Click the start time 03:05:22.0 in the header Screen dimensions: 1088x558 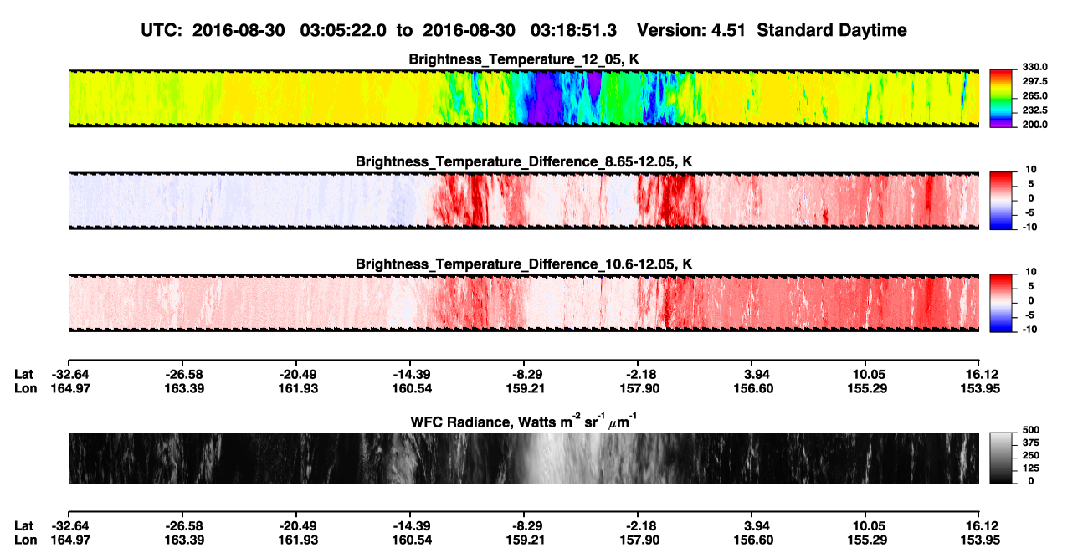tap(343, 31)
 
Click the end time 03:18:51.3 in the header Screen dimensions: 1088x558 tap(573, 31)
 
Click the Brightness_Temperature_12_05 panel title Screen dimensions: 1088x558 tap(524, 59)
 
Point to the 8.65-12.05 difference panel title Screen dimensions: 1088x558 tap(524, 161)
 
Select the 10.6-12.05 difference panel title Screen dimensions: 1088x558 tap(524, 264)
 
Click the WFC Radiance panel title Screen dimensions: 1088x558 tap(524, 422)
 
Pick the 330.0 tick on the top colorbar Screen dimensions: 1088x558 tap(1034, 67)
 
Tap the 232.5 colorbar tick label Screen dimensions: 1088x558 tap(1034, 110)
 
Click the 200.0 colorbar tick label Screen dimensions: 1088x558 tap(1034, 125)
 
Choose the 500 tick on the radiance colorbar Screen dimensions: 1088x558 tap(1031, 430)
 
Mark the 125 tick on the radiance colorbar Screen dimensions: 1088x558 tap(1031, 468)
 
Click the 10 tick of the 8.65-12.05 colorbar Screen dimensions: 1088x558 tap(1031, 170)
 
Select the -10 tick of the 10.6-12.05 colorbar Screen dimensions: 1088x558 tap(1029, 330)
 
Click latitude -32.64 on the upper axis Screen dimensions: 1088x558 tap(70, 375)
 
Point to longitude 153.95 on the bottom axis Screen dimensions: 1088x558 tap(980, 540)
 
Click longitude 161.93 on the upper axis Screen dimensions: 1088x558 tap(298, 388)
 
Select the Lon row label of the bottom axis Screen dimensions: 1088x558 tap(25, 540)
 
